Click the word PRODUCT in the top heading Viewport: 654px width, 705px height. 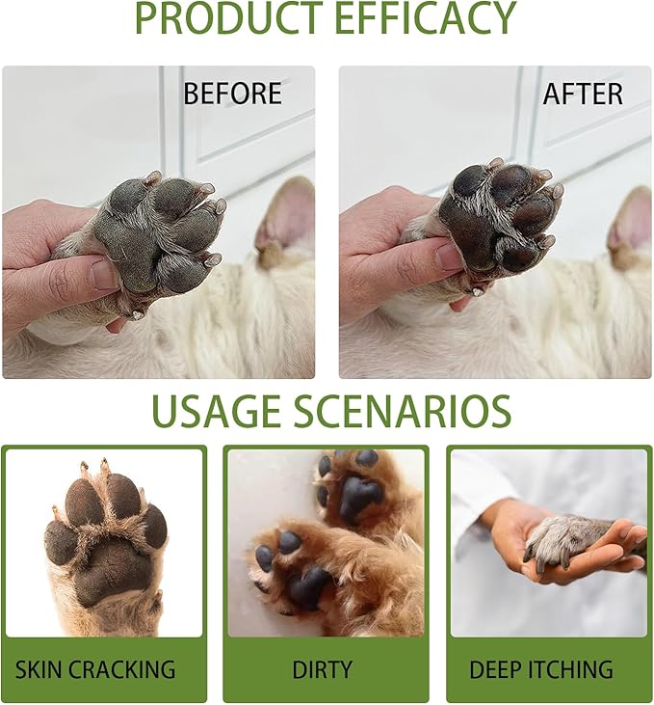point(228,16)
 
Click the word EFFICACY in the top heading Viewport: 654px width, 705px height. point(426,16)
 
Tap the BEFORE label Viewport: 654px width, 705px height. point(232,94)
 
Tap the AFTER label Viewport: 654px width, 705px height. point(583,94)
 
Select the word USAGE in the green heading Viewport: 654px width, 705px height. point(217,411)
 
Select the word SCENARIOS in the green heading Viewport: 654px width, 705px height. point(402,411)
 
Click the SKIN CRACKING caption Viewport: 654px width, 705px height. point(95,669)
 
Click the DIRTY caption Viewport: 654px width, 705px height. point(322,669)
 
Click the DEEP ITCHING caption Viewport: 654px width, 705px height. point(541,669)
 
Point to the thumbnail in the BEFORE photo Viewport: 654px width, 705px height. point(104,275)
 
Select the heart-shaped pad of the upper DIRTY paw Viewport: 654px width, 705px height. point(359,497)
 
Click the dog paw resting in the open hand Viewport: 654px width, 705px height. point(566,539)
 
